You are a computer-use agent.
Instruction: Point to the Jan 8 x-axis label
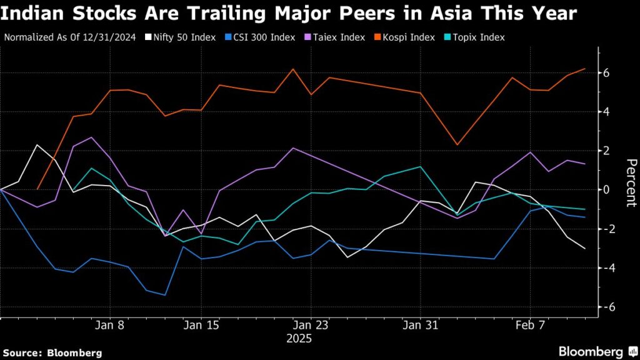(x=111, y=326)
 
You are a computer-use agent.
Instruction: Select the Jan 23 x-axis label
(x=311, y=326)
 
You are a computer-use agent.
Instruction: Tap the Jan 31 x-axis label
(x=420, y=326)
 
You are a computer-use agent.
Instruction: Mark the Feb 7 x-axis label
(x=530, y=326)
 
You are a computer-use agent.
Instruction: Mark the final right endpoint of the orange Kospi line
(x=585, y=69)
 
